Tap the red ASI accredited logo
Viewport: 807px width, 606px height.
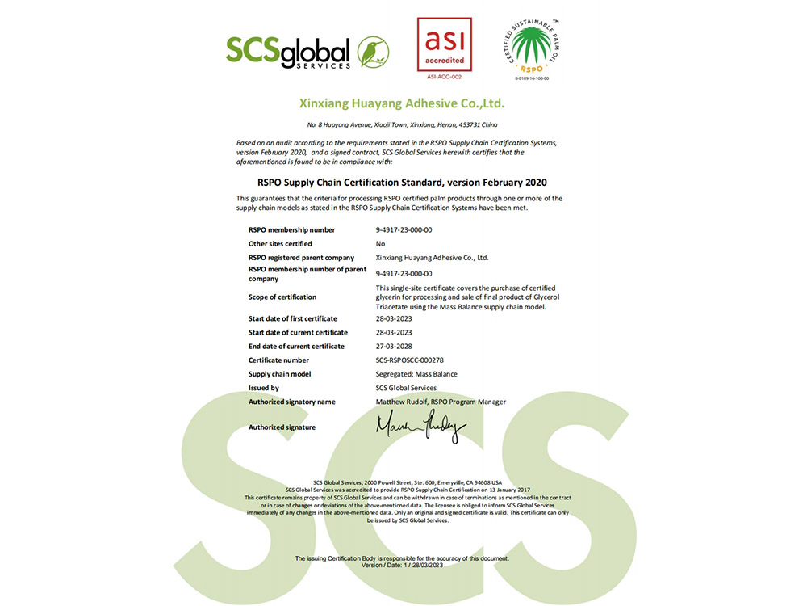[x=444, y=44]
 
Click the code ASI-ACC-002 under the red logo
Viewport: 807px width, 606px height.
[x=444, y=77]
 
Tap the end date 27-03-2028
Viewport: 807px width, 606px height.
[x=394, y=346]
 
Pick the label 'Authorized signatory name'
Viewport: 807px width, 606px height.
[x=291, y=402]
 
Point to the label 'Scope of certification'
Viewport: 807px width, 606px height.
[x=282, y=297]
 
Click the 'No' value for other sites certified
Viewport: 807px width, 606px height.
[x=380, y=243]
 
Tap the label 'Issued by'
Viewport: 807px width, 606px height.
[x=264, y=388]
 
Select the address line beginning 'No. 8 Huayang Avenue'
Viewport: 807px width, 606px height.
[x=402, y=124]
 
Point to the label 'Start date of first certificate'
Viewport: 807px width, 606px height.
[x=293, y=318]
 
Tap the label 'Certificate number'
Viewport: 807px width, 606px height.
[x=280, y=360]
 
